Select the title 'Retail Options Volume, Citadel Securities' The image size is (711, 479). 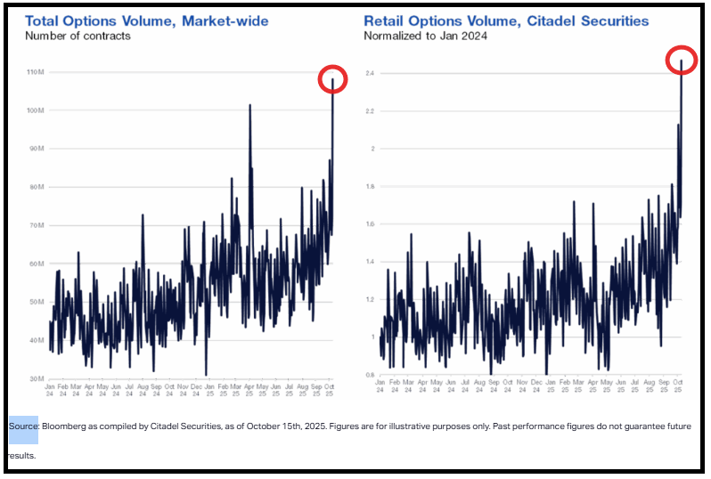coord(506,20)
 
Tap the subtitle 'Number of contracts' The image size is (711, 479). coord(78,36)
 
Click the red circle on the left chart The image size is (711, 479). coord(332,79)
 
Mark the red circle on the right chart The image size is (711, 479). coord(682,60)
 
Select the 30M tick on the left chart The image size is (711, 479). coord(36,379)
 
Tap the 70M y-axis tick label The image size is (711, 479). coord(36,225)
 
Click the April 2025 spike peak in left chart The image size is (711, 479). coord(249,105)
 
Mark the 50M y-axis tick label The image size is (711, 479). coord(36,302)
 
